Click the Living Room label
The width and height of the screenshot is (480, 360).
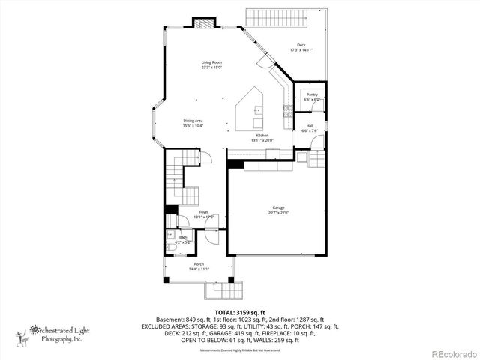211,62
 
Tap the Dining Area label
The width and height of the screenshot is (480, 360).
193,121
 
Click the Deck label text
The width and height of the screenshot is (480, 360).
301,46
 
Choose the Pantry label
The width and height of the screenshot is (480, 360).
312,94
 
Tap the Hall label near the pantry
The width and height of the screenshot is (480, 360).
310,126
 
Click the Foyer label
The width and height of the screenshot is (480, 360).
204,212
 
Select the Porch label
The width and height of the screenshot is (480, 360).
199,263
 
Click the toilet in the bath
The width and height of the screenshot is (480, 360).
170,241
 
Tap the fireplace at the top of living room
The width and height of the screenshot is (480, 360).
203,22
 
